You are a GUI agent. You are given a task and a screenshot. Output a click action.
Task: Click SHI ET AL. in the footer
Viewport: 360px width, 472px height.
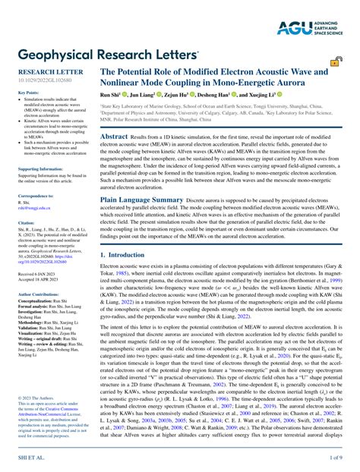(x=24, y=458)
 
